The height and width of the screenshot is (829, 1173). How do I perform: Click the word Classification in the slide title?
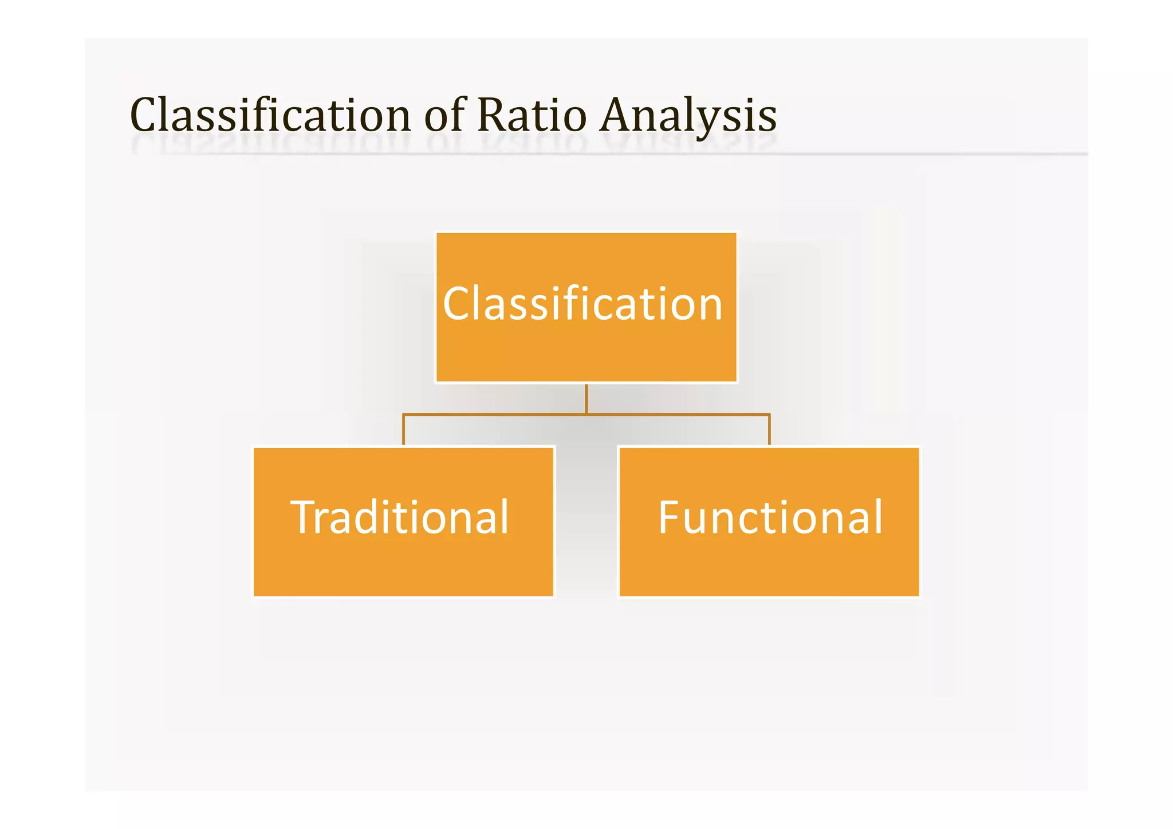(270, 116)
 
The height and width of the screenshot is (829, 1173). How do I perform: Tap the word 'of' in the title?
(445, 116)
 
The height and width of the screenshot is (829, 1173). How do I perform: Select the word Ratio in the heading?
(532, 116)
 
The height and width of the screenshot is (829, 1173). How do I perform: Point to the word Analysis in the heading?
(688, 116)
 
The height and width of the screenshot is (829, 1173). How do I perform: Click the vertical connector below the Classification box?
(586, 398)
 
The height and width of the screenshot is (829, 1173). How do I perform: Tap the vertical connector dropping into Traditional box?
(404, 430)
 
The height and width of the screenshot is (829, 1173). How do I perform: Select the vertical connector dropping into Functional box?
(769, 430)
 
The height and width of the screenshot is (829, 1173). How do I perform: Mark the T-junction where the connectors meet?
(586, 414)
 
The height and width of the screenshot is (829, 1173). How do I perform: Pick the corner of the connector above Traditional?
(404, 414)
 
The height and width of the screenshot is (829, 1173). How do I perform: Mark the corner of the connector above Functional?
(769, 414)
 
